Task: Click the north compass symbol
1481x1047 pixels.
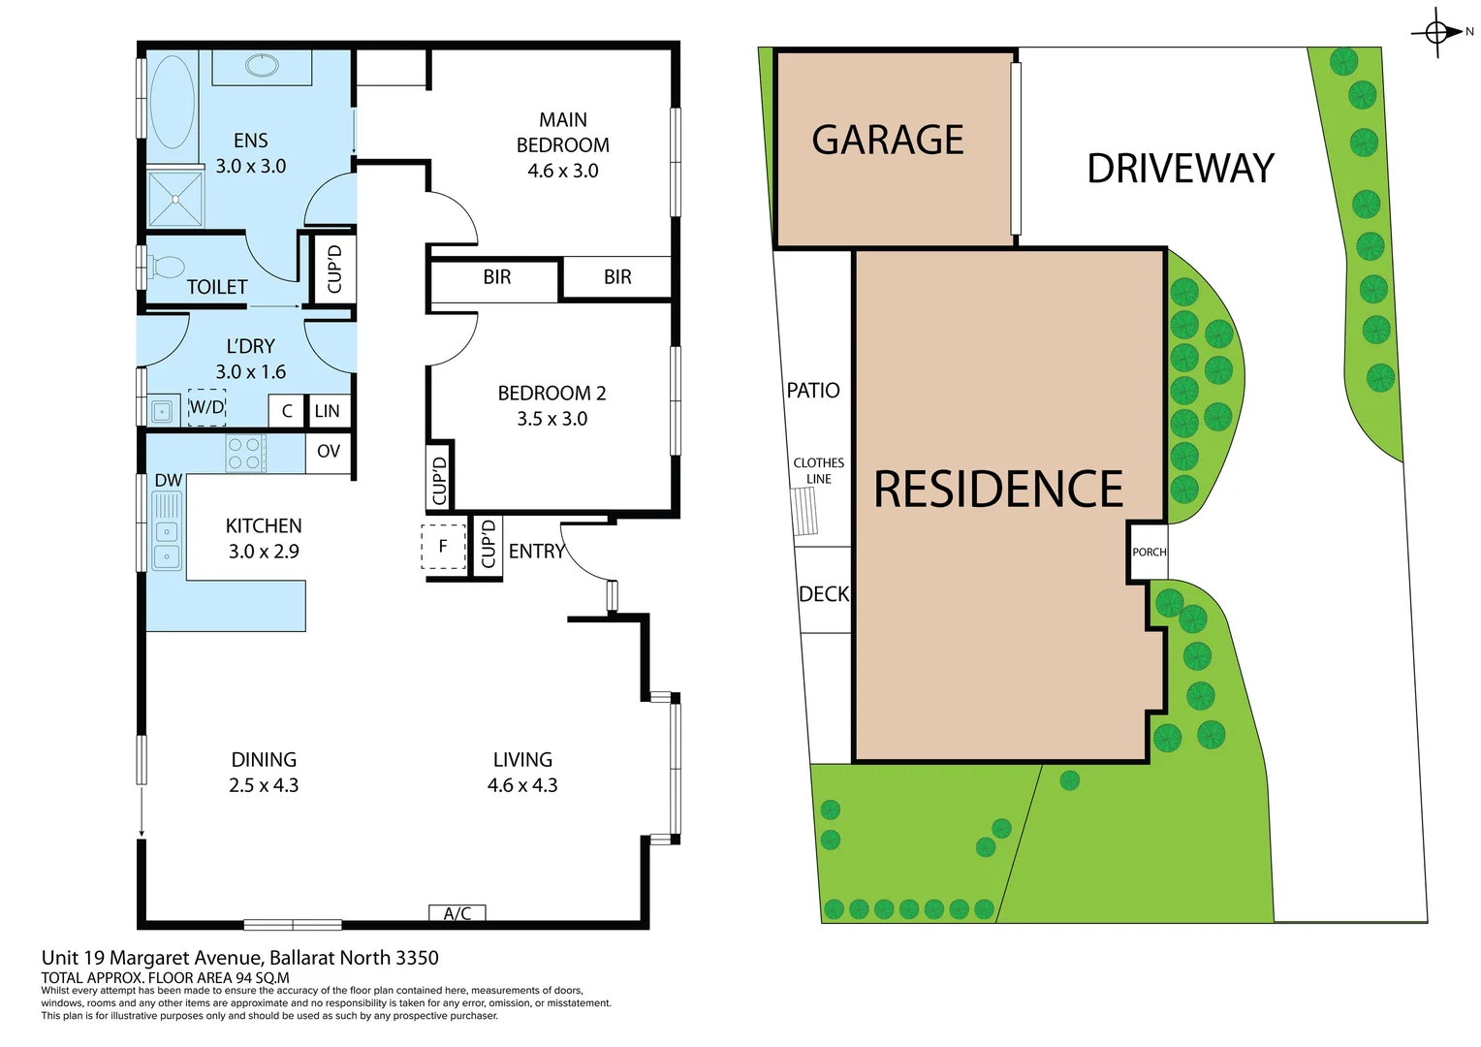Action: click(x=1437, y=33)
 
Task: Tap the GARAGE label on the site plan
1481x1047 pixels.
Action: click(x=887, y=141)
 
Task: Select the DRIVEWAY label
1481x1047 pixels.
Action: click(x=1180, y=169)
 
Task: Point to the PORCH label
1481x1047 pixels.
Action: click(x=1150, y=553)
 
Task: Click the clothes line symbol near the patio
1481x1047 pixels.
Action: click(x=804, y=511)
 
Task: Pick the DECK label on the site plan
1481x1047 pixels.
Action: click(x=824, y=594)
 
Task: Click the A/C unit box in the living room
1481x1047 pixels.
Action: click(x=457, y=913)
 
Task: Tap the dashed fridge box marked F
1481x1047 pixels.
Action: click(x=443, y=547)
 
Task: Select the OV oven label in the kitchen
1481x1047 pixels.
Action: click(x=329, y=451)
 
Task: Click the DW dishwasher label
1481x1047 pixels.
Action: click(x=168, y=480)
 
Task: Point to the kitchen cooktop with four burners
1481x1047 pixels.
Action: click(x=245, y=454)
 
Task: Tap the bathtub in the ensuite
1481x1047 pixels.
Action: click(x=173, y=102)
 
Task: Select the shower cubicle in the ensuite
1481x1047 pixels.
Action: click(x=175, y=200)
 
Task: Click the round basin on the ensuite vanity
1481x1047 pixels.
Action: click(x=262, y=66)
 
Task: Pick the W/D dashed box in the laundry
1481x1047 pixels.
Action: click(x=206, y=407)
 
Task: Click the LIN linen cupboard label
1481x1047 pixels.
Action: click(x=328, y=411)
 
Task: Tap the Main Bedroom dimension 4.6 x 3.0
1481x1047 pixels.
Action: click(x=562, y=171)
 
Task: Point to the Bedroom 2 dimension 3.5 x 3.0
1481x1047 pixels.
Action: click(x=551, y=419)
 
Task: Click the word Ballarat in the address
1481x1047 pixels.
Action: click(x=304, y=958)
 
